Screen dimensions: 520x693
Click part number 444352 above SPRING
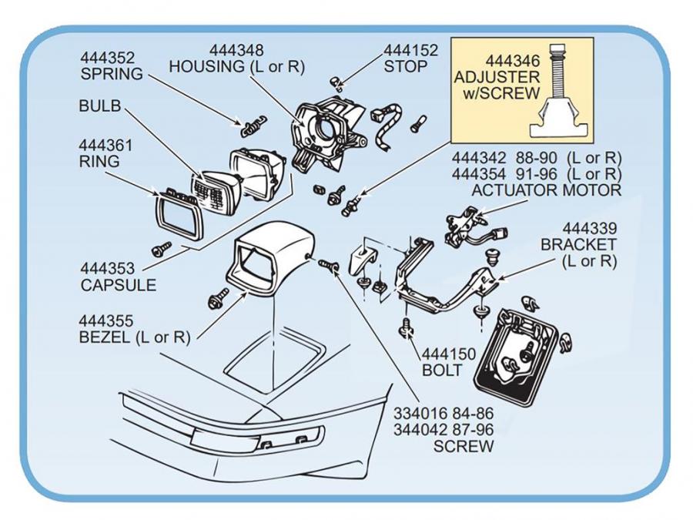pyautogui.click(x=108, y=58)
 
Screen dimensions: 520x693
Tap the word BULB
pyautogui.click(x=100, y=106)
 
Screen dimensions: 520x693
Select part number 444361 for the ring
pyautogui.click(x=105, y=145)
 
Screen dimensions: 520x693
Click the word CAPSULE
pyautogui.click(x=119, y=285)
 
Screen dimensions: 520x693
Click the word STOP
pyautogui.click(x=406, y=67)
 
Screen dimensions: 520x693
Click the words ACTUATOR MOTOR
pyautogui.click(x=546, y=190)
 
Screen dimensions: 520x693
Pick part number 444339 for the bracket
pyautogui.click(x=589, y=228)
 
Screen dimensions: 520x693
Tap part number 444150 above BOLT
pyautogui.click(x=450, y=354)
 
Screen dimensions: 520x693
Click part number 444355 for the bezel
pyautogui.click(x=105, y=320)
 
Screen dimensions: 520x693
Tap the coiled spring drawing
pyautogui.click(x=252, y=124)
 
